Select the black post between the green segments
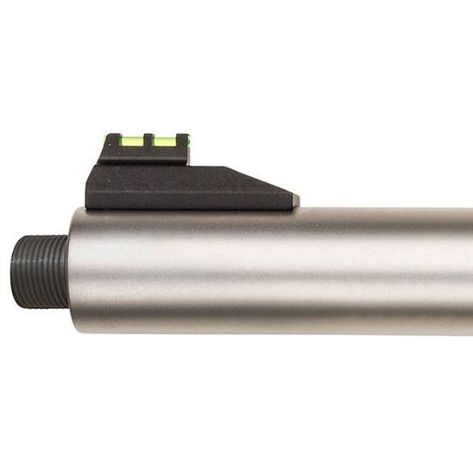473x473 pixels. coord(149,140)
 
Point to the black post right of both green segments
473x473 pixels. coord(182,141)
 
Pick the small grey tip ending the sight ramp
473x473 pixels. coord(294,200)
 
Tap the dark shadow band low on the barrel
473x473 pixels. coord(265,303)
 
